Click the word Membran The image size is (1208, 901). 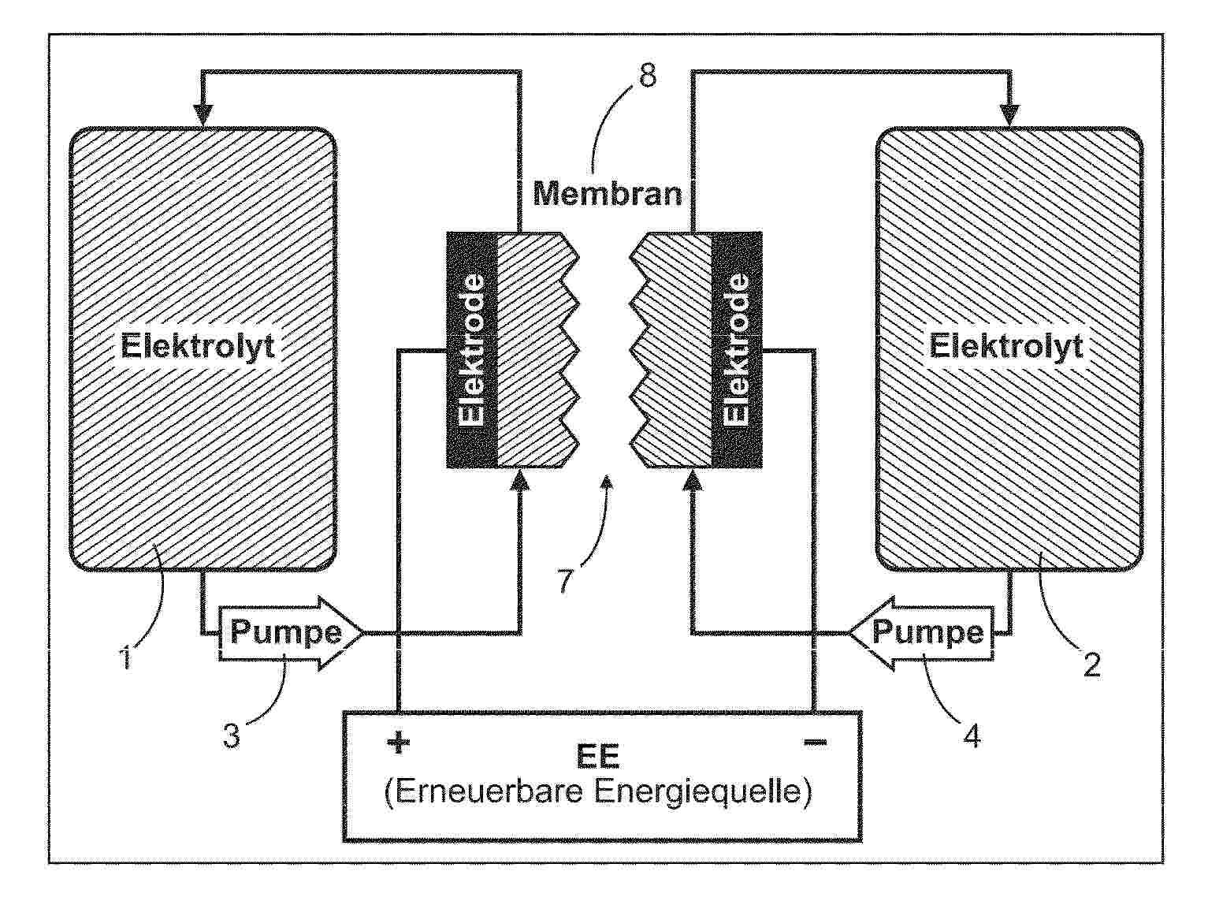(x=607, y=194)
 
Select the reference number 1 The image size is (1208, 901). (x=127, y=657)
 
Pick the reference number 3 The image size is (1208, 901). (x=232, y=735)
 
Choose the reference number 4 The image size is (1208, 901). (x=972, y=736)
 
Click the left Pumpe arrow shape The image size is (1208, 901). (x=291, y=632)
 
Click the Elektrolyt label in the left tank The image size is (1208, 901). (x=198, y=346)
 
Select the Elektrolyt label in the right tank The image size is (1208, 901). (x=1006, y=346)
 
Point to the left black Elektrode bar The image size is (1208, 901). (x=472, y=350)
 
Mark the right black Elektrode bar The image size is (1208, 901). (x=737, y=350)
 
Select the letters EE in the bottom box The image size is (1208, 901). (x=598, y=757)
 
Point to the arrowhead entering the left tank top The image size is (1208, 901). (x=203, y=115)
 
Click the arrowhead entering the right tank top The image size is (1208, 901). (x=1010, y=115)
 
